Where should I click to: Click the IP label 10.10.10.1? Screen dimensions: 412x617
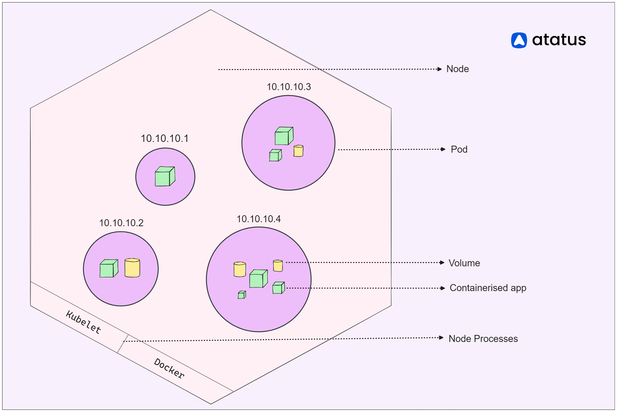click(x=165, y=138)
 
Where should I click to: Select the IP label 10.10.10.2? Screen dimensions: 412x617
click(x=121, y=223)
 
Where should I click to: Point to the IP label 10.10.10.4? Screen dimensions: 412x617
click(x=259, y=219)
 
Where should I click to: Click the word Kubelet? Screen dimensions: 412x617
click(x=83, y=322)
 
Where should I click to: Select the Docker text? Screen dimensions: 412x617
click(x=169, y=368)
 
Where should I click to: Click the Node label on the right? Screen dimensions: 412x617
click(x=458, y=69)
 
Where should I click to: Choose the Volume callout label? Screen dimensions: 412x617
click(x=464, y=263)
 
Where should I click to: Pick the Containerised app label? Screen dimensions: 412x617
click(x=488, y=288)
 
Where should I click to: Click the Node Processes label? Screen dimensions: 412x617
click(x=483, y=339)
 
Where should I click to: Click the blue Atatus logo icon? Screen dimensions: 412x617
click(x=519, y=40)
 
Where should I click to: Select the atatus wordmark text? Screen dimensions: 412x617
click(x=559, y=40)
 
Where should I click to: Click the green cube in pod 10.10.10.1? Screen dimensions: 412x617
click(x=165, y=176)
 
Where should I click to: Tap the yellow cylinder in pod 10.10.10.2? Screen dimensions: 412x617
click(x=132, y=268)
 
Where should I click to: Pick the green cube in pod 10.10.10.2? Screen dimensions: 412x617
click(x=109, y=268)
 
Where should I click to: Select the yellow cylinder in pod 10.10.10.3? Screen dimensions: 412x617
click(x=298, y=151)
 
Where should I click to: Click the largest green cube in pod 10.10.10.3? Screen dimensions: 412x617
click(x=284, y=136)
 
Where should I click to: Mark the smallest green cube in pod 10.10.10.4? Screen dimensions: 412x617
click(x=242, y=295)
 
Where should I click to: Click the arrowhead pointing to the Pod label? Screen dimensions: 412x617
click(x=443, y=149)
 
